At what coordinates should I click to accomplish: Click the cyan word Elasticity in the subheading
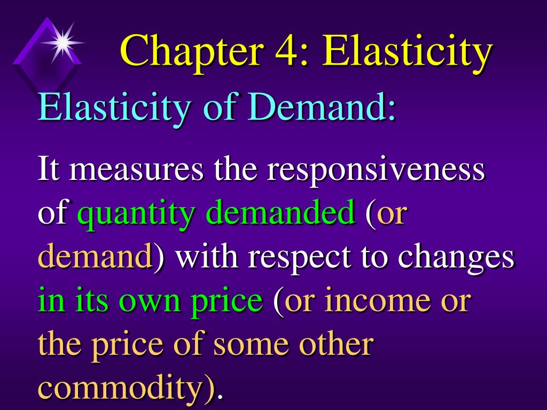[113, 107]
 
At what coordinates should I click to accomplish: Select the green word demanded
[281, 213]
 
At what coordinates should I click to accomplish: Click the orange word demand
[95, 257]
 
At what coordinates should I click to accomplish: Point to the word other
[335, 344]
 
